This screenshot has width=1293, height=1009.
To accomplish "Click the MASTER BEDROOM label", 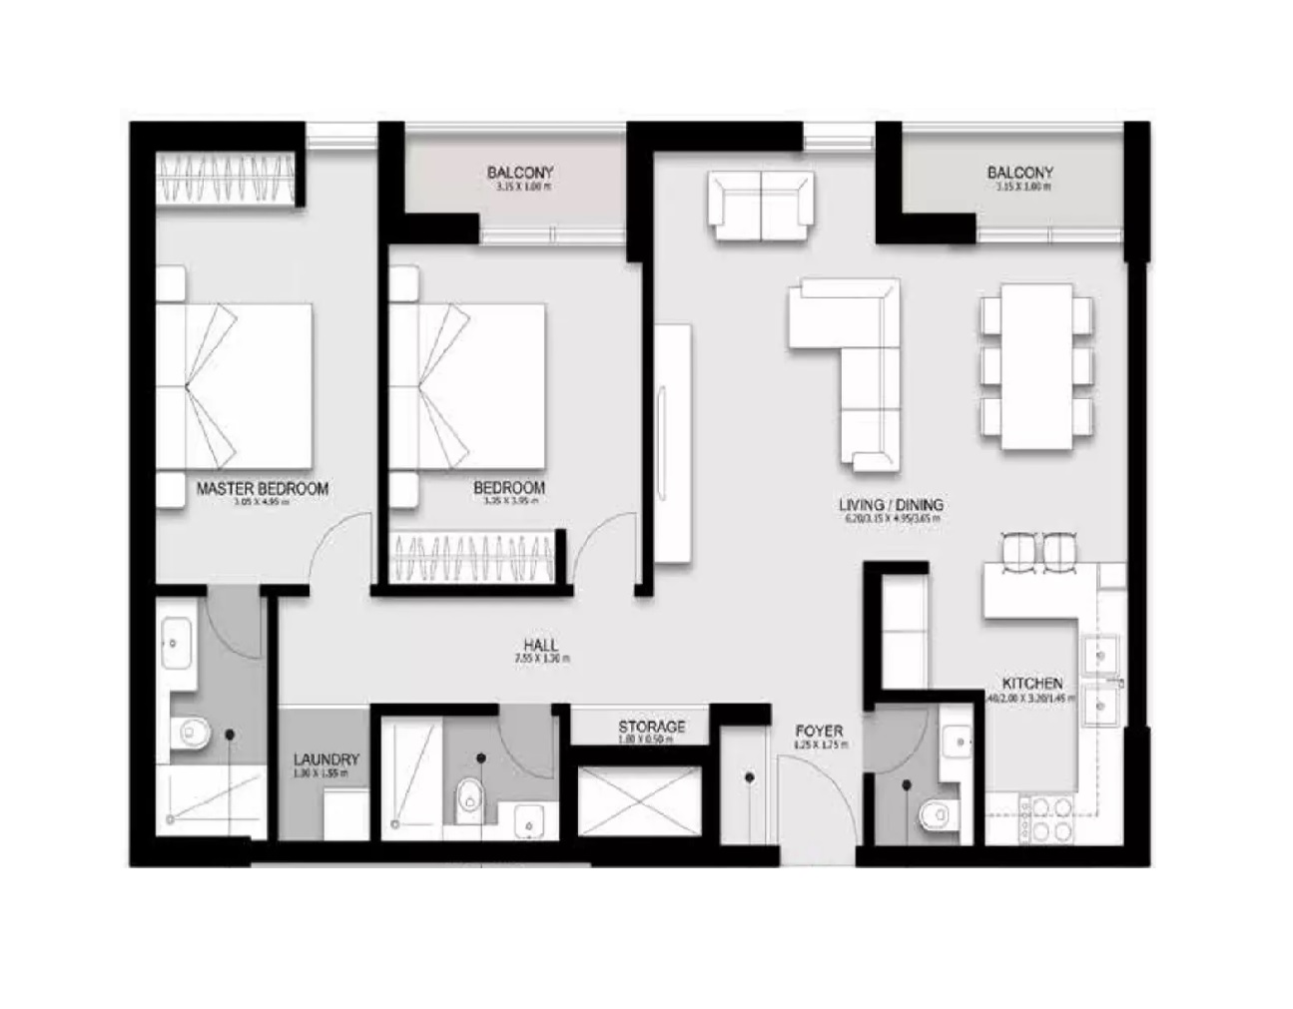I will (262, 489).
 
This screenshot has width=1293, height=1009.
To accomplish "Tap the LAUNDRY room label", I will (326, 759).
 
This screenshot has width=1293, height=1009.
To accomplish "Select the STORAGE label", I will (651, 727).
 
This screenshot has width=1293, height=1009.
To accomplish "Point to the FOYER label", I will (819, 731).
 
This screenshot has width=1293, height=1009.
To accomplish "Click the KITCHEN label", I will (1031, 684).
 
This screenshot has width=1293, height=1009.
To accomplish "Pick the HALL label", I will (540, 646).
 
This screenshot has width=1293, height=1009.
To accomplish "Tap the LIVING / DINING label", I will (891, 505).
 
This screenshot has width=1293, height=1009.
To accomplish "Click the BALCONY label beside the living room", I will (1019, 173).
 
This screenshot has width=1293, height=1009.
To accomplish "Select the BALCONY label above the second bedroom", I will (520, 173).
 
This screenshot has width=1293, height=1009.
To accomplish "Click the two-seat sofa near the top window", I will (760, 206).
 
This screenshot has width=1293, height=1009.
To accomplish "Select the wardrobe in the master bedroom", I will (228, 181).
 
